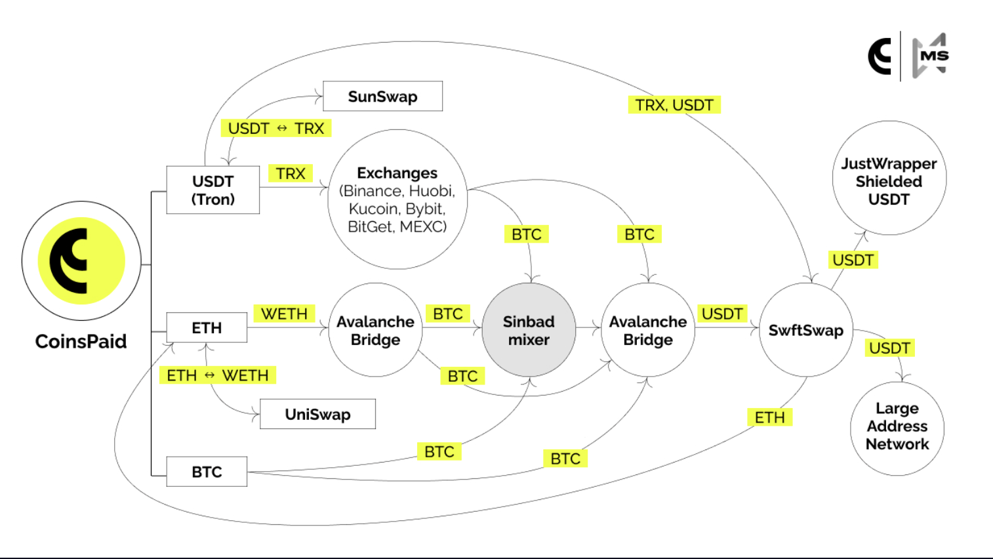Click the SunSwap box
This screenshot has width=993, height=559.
(382, 96)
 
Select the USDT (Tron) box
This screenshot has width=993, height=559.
(213, 190)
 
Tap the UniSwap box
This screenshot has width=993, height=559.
(317, 414)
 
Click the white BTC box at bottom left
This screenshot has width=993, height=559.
(207, 472)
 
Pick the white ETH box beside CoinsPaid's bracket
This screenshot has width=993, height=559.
(207, 327)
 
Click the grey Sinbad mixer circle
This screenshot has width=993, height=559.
(529, 330)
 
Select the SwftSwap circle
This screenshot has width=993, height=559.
(805, 330)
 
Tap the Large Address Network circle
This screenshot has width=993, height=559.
(897, 427)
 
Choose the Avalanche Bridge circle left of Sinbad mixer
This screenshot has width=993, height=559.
(375, 330)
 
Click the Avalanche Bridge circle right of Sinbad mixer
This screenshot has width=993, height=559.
(648, 330)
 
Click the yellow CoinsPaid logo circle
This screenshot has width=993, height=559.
(81, 260)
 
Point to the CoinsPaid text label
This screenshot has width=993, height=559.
(81, 341)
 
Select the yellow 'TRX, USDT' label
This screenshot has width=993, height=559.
(674, 105)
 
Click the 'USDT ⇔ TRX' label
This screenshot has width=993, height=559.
(276, 129)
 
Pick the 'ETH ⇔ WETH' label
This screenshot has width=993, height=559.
(218, 375)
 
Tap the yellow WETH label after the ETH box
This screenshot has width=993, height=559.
(284, 314)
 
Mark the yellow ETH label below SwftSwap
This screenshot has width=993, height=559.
(769, 417)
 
